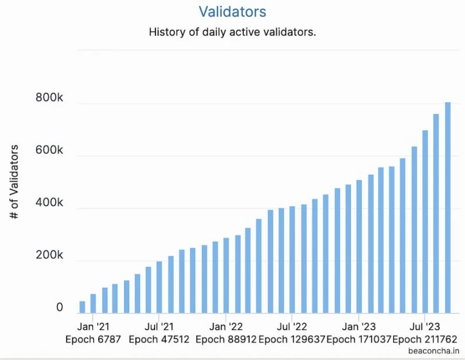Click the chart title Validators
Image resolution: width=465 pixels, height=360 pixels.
click(232, 11)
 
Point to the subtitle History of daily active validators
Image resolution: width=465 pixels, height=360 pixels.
click(232, 32)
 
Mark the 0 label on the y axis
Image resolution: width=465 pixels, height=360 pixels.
click(60, 308)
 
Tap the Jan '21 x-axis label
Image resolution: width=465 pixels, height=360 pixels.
click(93, 326)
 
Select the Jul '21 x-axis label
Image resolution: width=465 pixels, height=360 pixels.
click(159, 326)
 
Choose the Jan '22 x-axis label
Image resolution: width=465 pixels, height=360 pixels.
click(226, 326)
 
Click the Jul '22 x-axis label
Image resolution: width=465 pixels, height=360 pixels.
click(292, 326)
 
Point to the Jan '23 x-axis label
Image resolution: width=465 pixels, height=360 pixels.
click(358, 326)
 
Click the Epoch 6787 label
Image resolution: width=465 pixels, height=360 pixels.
click(93, 339)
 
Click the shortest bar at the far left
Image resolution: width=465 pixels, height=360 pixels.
click(82, 307)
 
